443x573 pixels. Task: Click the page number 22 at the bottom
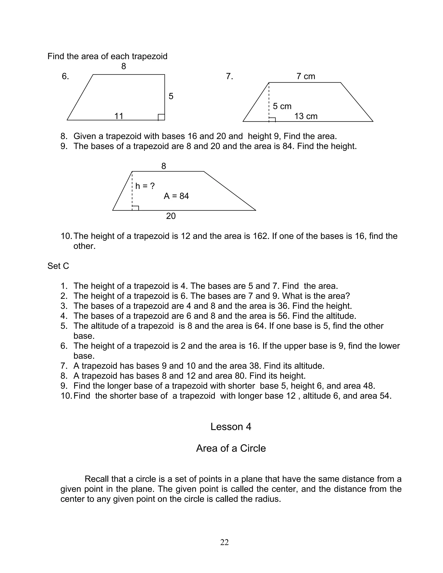(x=224, y=542)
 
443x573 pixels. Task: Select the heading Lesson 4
(x=231, y=427)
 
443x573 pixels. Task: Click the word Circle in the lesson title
(x=253, y=448)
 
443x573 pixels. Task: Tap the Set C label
(x=58, y=266)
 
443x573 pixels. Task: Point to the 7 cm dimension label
(x=305, y=76)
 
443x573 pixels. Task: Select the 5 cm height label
(x=282, y=106)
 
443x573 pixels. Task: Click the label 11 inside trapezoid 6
(x=119, y=116)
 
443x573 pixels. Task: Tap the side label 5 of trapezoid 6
(x=171, y=96)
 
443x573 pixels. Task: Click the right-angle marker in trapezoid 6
(x=161, y=117)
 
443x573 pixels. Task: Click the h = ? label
(x=145, y=186)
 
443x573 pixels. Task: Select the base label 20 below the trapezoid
(x=171, y=216)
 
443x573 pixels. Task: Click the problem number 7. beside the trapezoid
(x=229, y=76)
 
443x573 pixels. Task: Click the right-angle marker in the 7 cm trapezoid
(x=272, y=120)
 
